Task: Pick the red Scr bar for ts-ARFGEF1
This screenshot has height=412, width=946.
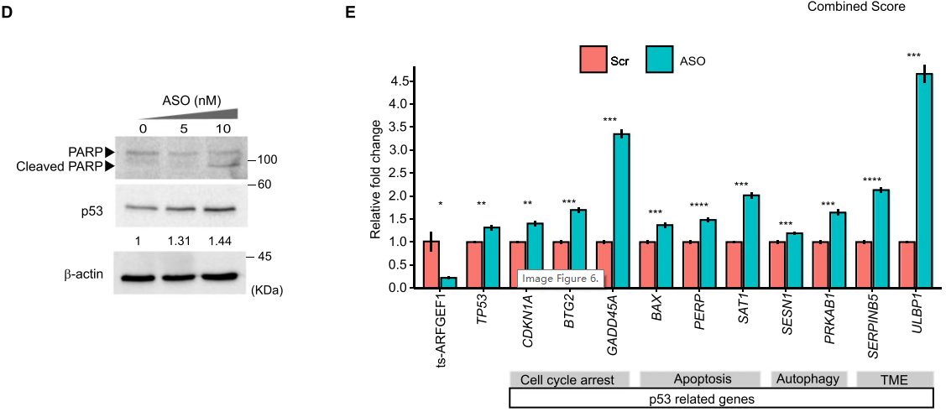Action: tap(431, 264)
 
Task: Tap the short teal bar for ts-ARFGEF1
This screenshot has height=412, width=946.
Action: tap(448, 283)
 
